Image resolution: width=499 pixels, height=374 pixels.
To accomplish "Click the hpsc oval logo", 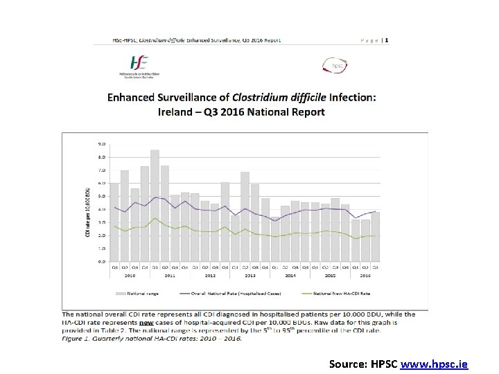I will click(x=336, y=66).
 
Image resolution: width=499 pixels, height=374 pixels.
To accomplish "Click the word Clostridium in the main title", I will click(x=266, y=98).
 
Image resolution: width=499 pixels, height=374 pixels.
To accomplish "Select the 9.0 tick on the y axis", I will click(x=102, y=144).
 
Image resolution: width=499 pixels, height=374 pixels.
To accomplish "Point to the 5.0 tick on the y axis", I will click(x=102, y=196).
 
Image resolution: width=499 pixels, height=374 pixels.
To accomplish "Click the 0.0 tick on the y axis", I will click(x=102, y=261).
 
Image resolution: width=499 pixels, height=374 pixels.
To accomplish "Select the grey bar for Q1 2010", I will click(x=114, y=222).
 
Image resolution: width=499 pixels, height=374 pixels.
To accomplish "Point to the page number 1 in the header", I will click(x=387, y=40).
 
